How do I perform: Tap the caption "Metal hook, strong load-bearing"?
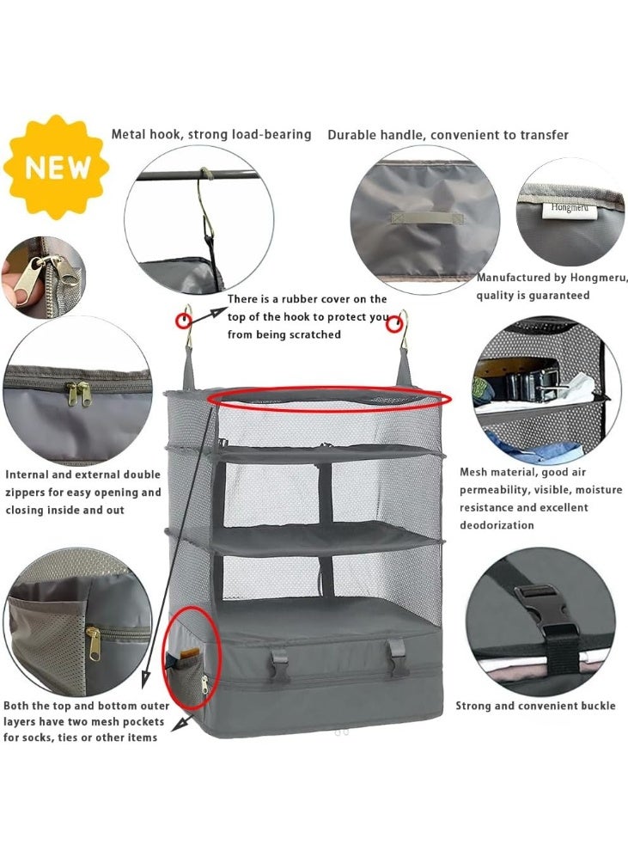(211, 134)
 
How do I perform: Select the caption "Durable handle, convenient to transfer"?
(448, 135)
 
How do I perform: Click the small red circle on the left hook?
(184, 321)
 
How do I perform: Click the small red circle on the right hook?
(394, 324)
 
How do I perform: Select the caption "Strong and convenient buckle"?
(535, 706)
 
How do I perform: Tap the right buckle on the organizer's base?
(396, 663)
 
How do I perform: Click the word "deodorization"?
(497, 525)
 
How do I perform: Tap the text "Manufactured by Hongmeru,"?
(552, 278)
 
